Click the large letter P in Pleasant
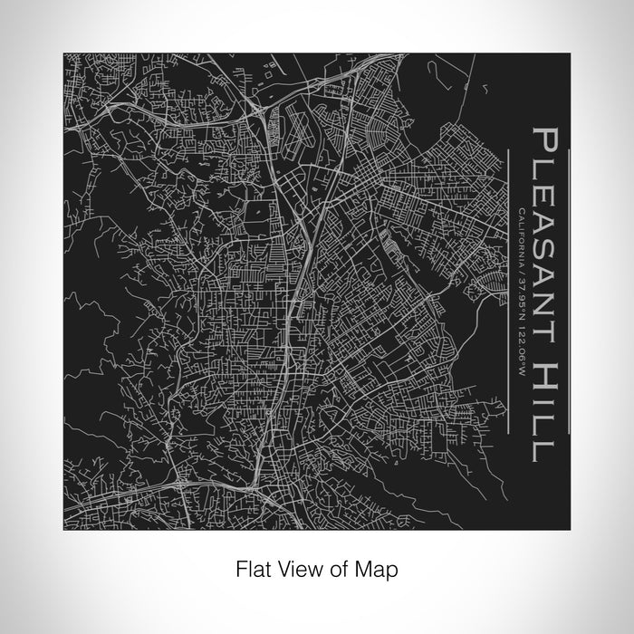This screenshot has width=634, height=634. coord(549,144)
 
